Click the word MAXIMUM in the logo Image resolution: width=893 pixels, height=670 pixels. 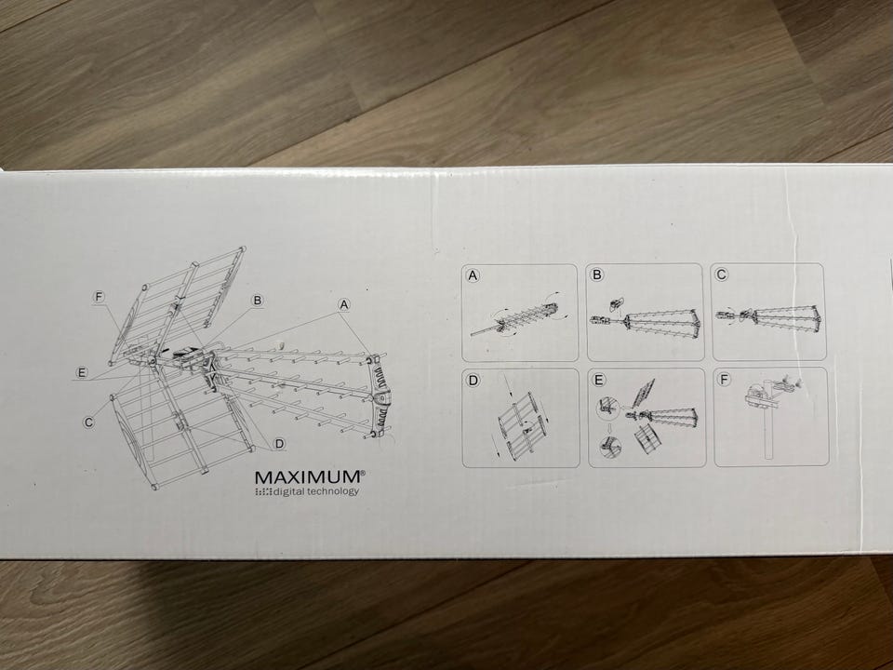307,476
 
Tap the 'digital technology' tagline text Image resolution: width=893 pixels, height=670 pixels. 316,491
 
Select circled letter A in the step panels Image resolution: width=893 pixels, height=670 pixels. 473,275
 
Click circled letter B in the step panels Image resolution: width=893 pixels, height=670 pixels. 597,275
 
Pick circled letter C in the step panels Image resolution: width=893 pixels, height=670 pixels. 722,275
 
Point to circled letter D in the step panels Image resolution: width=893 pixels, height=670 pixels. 473,380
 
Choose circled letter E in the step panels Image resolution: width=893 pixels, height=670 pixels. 599,380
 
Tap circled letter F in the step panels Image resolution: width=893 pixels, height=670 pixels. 724,379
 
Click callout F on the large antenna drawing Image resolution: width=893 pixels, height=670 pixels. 100,297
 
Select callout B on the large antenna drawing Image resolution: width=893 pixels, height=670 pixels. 258,301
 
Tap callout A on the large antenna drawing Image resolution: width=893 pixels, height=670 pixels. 344,304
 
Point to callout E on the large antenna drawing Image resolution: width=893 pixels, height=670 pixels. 82,372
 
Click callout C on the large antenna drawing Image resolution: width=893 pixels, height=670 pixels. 88,422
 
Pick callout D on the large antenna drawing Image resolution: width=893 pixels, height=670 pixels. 279,444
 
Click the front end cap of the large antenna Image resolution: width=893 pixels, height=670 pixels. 380,394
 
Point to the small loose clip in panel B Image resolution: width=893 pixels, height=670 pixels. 615,303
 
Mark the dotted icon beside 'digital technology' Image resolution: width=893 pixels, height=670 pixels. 263,491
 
